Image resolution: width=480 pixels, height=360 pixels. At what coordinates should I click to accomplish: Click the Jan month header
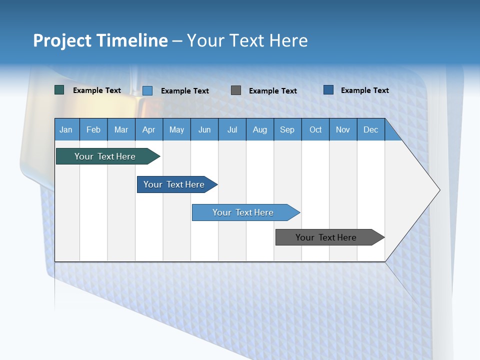tap(66, 129)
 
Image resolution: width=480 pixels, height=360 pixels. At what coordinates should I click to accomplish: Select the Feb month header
tap(93, 129)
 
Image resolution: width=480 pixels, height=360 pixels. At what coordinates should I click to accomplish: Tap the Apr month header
tap(149, 129)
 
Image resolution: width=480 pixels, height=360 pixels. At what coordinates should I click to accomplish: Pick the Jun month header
tap(204, 129)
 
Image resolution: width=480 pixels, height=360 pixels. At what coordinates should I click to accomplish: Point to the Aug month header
tap(260, 129)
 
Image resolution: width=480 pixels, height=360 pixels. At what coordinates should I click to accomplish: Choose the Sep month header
tap(287, 129)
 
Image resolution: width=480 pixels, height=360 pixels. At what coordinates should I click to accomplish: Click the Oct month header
tap(315, 129)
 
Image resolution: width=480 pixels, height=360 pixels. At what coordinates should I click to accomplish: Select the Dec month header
tap(371, 129)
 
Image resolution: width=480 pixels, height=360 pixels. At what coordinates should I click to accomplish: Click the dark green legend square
tap(59, 90)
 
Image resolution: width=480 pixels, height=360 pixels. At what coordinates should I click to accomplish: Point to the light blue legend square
tap(147, 90)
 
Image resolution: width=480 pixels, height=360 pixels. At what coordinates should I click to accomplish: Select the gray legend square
tap(236, 90)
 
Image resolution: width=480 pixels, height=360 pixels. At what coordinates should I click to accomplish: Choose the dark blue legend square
tap(328, 90)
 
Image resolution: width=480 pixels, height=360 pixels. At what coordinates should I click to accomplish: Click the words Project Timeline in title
tap(100, 40)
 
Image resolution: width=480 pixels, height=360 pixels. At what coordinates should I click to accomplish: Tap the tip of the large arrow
tap(438, 190)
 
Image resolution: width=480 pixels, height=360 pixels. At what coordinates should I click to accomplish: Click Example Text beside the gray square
tap(273, 91)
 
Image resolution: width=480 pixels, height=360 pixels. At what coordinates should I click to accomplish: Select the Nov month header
tap(343, 129)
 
